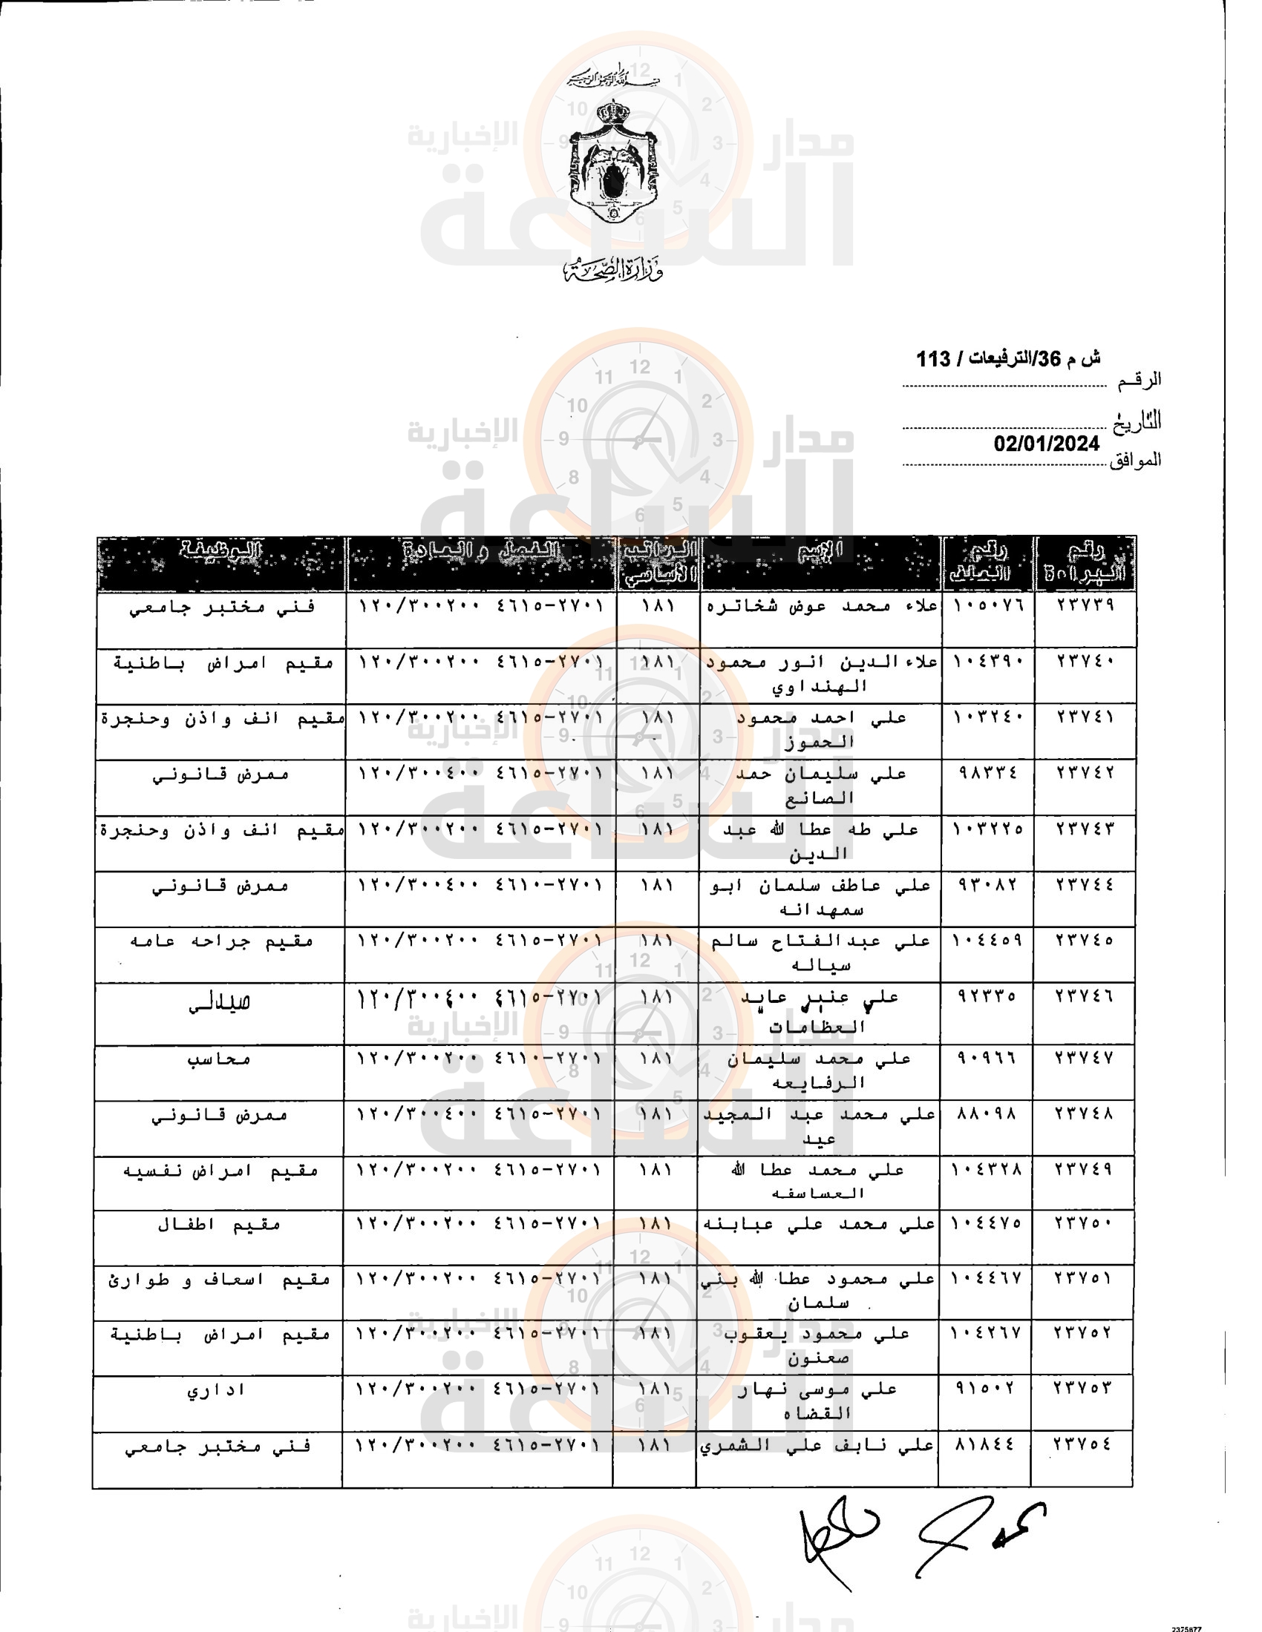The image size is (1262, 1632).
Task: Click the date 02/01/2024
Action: (1046, 444)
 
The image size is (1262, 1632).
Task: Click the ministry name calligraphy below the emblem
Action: (613, 269)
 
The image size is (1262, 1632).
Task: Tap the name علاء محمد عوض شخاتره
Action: (822, 605)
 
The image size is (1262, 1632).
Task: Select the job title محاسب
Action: (219, 1059)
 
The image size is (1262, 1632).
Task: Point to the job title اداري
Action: (217, 1390)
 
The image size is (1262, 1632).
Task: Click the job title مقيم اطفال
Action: (219, 1225)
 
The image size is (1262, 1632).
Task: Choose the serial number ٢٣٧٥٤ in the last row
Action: (1082, 1445)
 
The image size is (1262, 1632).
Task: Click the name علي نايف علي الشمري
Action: (817, 1446)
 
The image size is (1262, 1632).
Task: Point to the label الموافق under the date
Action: (1135, 460)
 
